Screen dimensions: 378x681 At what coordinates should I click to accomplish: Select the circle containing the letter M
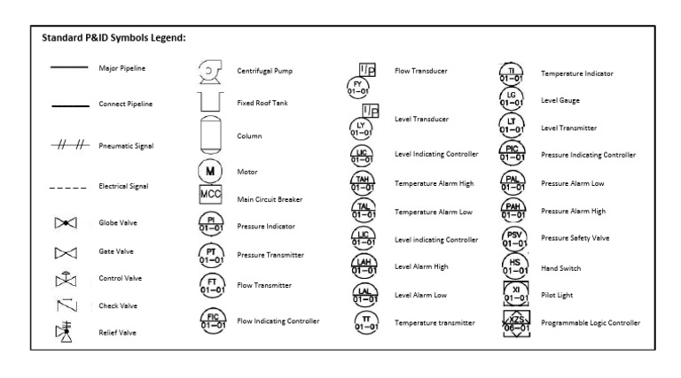[210, 171]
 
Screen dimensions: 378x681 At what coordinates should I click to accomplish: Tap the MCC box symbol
[210, 195]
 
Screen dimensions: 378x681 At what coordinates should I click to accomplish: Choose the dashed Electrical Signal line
[67, 187]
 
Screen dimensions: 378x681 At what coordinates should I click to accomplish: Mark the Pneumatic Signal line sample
[68, 145]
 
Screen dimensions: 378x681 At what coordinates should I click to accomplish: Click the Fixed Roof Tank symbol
[210, 102]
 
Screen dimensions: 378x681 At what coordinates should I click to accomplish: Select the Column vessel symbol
[210, 135]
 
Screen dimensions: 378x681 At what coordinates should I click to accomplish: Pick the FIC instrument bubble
[210, 320]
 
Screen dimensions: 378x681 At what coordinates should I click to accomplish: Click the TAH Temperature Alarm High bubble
[362, 184]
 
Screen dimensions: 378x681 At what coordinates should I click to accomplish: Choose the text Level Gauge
[560, 101]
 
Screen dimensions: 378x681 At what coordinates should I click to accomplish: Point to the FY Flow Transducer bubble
[358, 88]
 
